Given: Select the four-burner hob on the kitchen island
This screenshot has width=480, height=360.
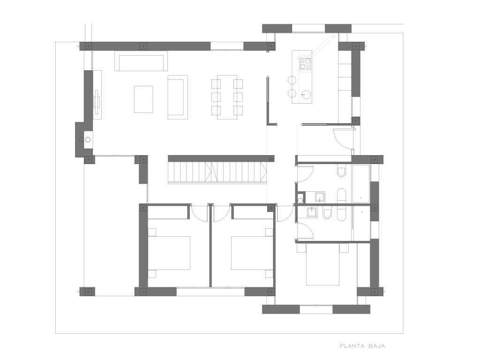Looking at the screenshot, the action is click(x=305, y=64).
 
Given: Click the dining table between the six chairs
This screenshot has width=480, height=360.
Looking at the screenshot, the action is click(x=227, y=97).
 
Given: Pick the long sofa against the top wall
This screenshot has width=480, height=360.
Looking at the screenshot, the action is click(x=141, y=61).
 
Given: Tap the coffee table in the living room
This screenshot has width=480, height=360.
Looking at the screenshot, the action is click(x=143, y=99).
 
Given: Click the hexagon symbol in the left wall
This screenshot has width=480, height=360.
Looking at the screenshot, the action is click(x=88, y=140).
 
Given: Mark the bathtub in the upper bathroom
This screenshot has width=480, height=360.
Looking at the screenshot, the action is click(x=360, y=184).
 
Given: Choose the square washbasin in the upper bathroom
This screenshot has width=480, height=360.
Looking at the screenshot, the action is click(x=320, y=197).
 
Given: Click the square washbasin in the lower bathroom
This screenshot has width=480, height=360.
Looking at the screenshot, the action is click(x=312, y=212).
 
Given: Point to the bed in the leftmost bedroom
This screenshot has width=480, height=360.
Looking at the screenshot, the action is click(x=169, y=253).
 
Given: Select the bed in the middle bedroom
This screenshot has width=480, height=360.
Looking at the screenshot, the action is click(x=252, y=253).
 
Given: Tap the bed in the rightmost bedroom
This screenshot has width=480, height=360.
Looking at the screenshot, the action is click(x=322, y=264).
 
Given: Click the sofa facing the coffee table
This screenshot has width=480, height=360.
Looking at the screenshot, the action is click(x=178, y=97).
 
